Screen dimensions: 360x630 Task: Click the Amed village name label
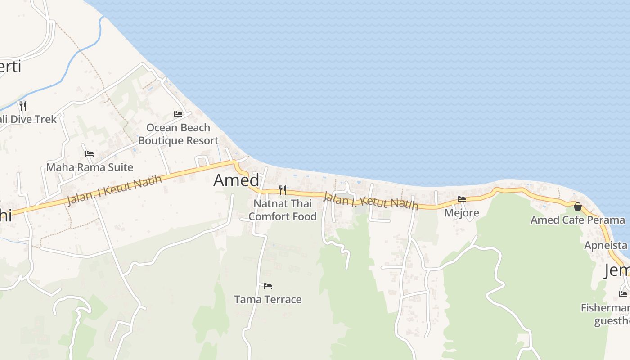(x=236, y=180)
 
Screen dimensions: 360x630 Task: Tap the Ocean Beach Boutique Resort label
(x=178, y=134)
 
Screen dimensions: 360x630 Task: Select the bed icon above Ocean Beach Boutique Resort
(x=178, y=114)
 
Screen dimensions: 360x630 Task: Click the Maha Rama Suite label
(x=90, y=167)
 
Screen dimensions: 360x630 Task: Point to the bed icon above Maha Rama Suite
(x=90, y=154)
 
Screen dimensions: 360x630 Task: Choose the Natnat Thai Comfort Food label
(x=283, y=210)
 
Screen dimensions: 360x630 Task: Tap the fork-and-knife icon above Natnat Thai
(x=282, y=190)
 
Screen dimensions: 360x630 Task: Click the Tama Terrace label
(x=268, y=299)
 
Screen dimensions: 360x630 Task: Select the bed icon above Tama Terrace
(x=268, y=286)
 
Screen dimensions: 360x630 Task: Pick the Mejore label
(x=462, y=212)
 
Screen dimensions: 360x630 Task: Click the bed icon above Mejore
(x=462, y=199)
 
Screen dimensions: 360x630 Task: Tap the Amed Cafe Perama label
(x=577, y=220)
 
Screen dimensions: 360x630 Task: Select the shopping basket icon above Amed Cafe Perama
(x=578, y=207)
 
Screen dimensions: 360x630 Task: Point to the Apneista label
(x=606, y=245)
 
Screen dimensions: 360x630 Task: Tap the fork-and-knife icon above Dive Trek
(x=22, y=106)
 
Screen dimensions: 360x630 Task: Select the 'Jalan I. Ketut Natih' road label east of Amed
(x=371, y=201)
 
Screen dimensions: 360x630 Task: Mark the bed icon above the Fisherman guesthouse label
(x=623, y=294)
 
